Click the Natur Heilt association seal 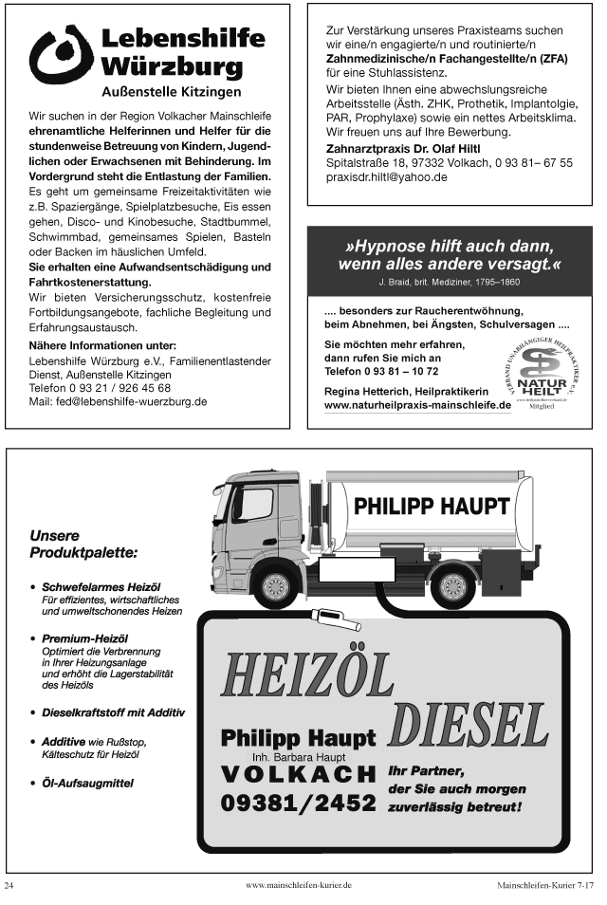[542, 363]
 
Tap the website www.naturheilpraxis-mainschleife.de [417, 404]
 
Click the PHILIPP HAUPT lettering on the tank [432, 507]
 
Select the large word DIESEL [469, 726]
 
